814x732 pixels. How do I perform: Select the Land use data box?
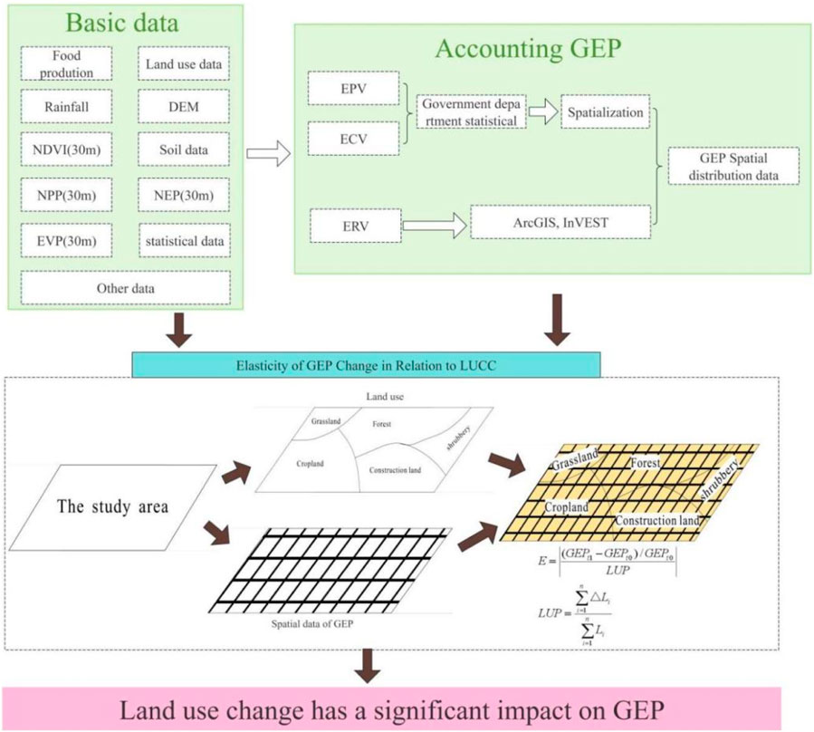pos(184,64)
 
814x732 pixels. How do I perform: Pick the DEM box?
pos(184,107)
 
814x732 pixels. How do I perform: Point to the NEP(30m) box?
pos(184,196)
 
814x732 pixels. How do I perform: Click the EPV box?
pos(346,91)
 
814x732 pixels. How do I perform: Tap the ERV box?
pos(346,225)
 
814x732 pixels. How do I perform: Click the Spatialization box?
pos(606,114)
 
